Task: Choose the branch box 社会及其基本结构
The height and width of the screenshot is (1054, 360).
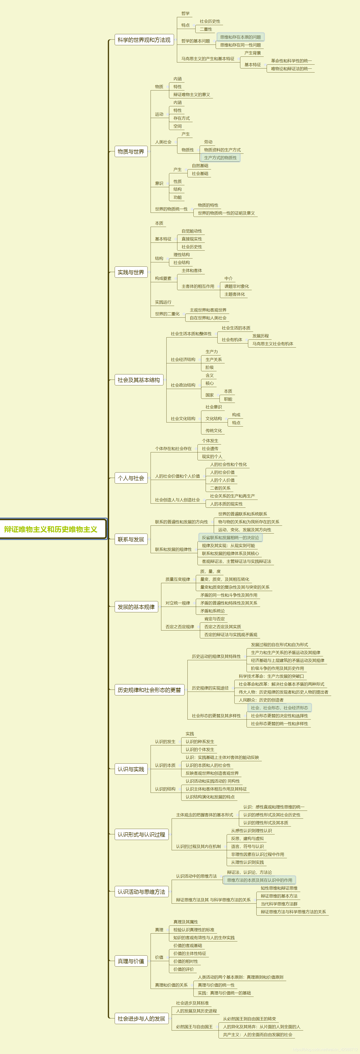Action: pos(139,380)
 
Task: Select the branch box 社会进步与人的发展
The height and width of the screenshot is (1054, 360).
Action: pos(141,1018)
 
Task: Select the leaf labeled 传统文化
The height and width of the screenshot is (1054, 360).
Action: pos(214,430)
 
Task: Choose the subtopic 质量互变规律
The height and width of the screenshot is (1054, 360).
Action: pos(178,579)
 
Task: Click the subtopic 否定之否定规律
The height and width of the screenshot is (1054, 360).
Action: pos(180,626)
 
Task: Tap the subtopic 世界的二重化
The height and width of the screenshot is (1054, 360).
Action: pos(167,314)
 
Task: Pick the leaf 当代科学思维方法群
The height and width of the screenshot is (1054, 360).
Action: pos(279,904)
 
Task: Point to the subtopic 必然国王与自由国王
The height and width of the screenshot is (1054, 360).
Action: pos(194,1026)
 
